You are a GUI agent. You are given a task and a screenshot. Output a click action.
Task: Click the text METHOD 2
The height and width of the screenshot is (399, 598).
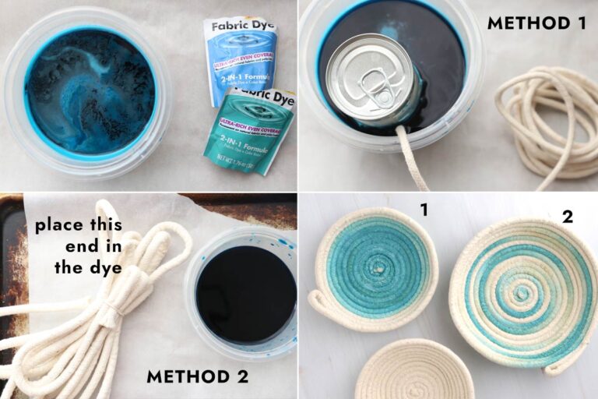197,377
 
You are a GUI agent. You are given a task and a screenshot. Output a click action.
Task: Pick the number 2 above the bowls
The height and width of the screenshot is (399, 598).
567,217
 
